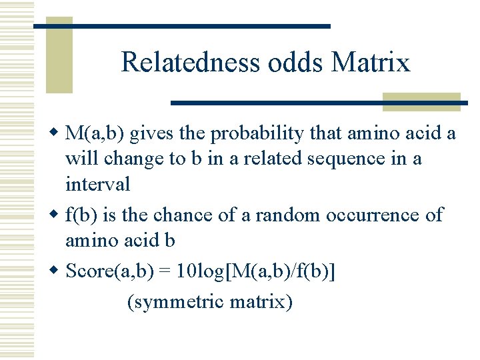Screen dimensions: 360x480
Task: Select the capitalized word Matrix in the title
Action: [x=371, y=63]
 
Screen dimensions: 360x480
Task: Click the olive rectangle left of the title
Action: [x=59, y=57]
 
